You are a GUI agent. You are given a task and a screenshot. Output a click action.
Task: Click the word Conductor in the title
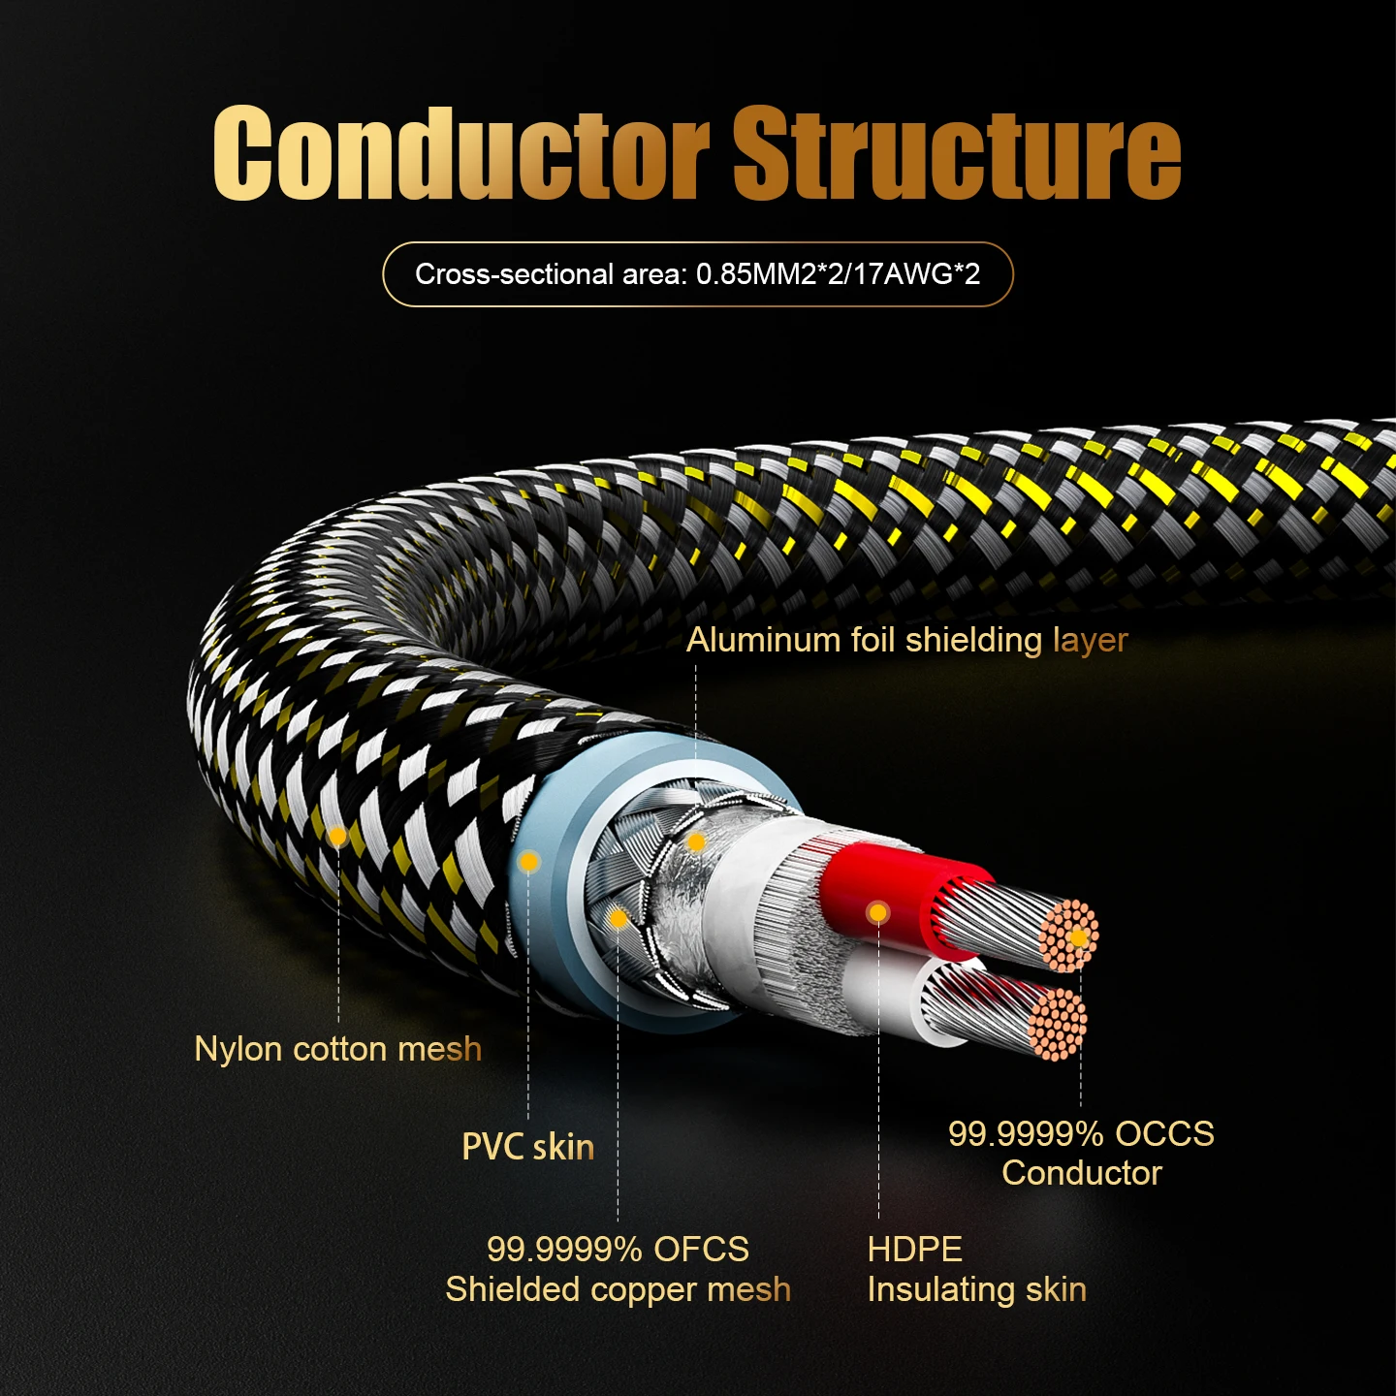tap(460, 153)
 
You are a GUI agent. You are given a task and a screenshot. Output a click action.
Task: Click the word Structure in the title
tap(957, 153)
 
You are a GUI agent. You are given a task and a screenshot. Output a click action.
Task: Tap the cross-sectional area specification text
tap(697, 273)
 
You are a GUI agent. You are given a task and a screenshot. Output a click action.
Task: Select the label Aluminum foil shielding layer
tap(907, 641)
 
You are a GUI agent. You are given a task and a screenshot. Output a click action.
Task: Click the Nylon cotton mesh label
tap(337, 1048)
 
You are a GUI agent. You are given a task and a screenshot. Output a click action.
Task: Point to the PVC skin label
tap(528, 1147)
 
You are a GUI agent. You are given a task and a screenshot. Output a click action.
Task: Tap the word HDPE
tap(915, 1249)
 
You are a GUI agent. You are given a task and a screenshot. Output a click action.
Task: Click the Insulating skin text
tap(976, 1289)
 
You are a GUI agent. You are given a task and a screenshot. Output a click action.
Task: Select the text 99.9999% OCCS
tap(1081, 1133)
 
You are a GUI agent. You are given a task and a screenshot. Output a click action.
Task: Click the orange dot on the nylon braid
tap(337, 838)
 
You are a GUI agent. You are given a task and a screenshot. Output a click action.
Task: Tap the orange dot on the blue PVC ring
tap(529, 862)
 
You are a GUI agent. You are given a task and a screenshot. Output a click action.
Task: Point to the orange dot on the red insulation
tap(878, 912)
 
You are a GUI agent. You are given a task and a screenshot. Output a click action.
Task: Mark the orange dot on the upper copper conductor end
tap(1079, 937)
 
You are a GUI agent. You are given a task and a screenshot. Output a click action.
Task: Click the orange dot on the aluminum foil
tap(696, 841)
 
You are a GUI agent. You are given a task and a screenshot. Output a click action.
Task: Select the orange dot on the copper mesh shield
tap(618, 919)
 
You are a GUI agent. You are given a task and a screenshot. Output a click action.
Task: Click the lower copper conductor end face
tap(1057, 1023)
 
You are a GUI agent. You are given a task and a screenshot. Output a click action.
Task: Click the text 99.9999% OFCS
tap(618, 1249)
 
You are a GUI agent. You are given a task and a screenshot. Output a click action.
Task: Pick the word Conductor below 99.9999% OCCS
tap(1082, 1174)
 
